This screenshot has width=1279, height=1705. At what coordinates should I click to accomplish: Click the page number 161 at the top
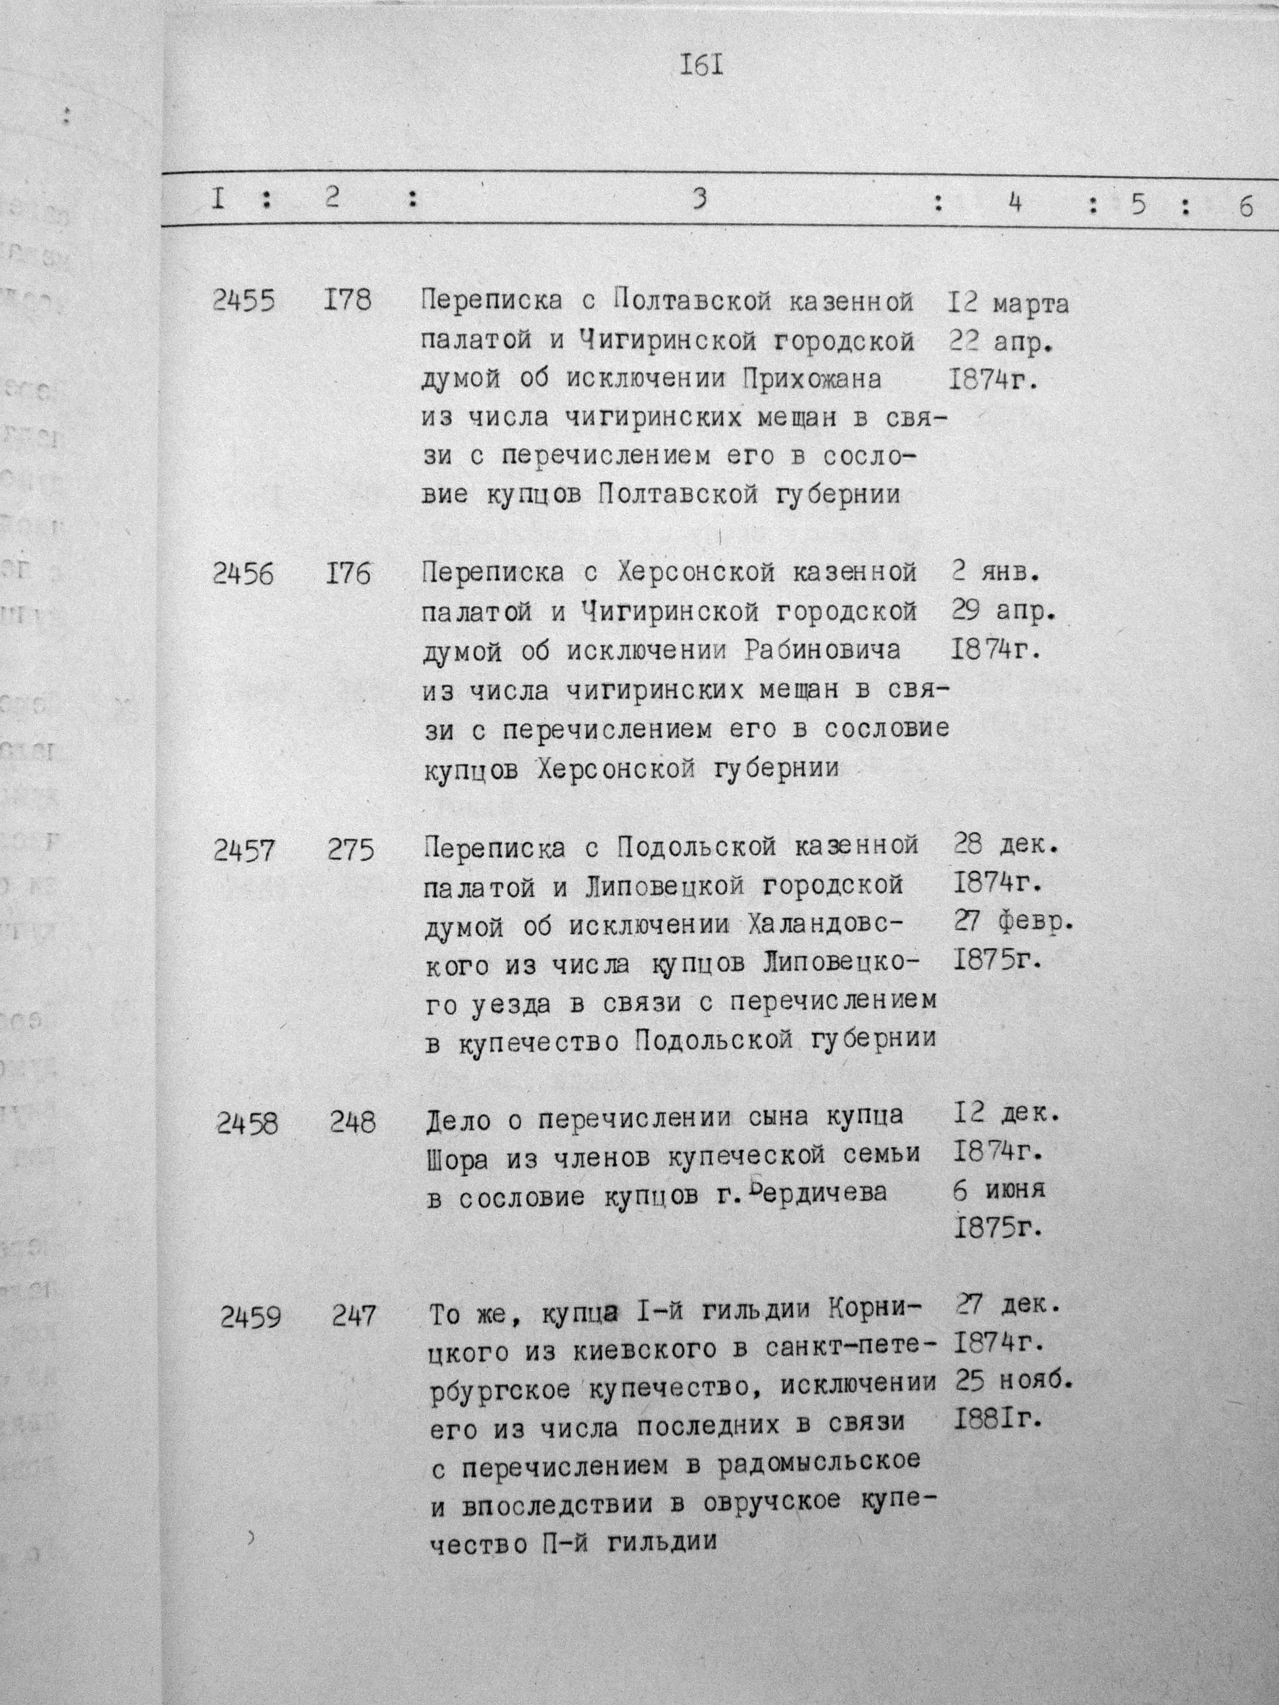click(x=701, y=66)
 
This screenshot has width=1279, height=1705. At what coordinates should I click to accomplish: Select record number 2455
click(x=243, y=300)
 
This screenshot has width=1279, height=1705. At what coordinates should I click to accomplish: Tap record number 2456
click(x=243, y=574)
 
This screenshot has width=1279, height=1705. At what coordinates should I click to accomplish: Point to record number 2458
click(x=247, y=1125)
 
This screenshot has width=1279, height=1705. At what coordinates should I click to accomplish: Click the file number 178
click(x=347, y=300)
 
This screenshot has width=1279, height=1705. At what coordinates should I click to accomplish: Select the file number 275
click(x=350, y=850)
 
